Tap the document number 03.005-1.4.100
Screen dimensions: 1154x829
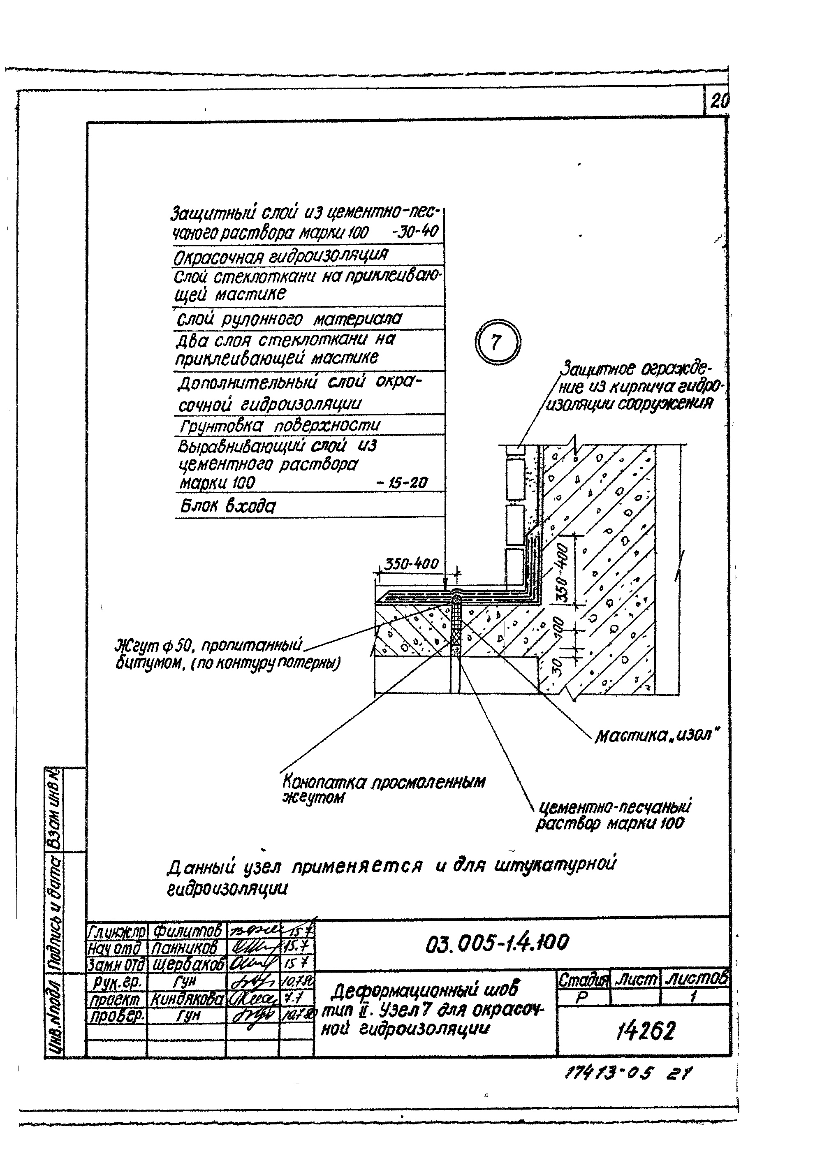point(497,943)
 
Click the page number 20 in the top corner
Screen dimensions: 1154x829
point(718,102)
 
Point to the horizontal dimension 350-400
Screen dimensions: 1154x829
point(411,563)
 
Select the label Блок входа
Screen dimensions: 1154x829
point(228,506)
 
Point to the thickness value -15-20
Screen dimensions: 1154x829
point(402,482)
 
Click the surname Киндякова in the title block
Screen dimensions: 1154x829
point(187,999)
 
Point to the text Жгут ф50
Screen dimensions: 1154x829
point(153,646)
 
